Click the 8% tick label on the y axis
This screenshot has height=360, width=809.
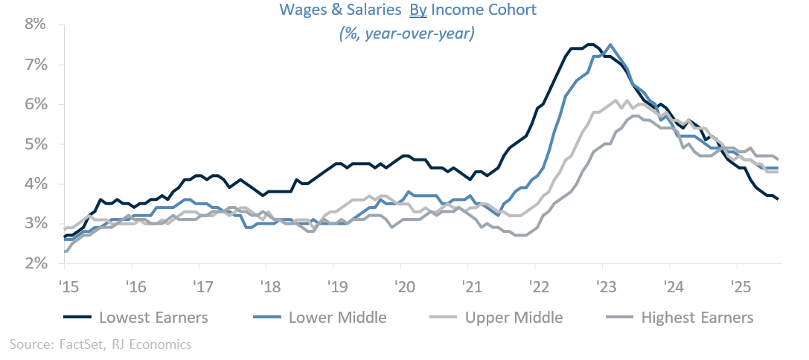(x=36, y=25)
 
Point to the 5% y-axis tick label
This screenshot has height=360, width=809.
(x=36, y=144)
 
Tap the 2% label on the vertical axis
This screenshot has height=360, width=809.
(x=36, y=263)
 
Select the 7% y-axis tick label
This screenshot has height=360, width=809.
(x=36, y=65)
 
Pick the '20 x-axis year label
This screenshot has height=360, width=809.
(x=401, y=286)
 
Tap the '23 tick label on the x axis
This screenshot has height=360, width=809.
(x=603, y=286)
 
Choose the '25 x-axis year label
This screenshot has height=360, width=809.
(x=737, y=286)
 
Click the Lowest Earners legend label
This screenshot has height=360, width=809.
(x=153, y=318)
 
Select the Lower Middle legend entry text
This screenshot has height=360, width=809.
(x=339, y=318)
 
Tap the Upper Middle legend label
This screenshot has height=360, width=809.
(x=514, y=318)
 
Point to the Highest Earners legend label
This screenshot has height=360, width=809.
(x=697, y=318)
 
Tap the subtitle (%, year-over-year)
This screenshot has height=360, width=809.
(x=406, y=33)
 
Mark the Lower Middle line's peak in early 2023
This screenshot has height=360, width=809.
(x=610, y=45)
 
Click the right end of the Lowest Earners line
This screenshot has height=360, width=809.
(x=778, y=199)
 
